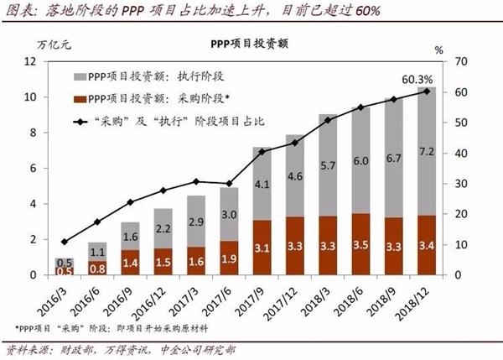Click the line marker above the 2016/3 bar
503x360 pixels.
(x=65, y=242)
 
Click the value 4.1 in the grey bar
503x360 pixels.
(x=261, y=184)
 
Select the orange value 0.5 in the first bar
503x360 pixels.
(x=65, y=270)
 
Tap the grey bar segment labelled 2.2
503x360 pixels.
(x=164, y=228)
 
